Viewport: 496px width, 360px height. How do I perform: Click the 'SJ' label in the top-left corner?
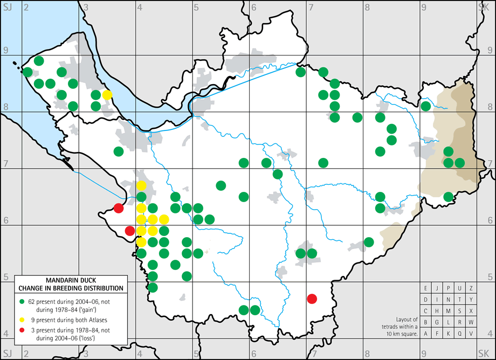(x=8, y=6)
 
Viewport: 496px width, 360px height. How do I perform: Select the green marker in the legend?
(x=22, y=299)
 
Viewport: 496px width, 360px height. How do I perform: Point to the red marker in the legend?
(x=22, y=330)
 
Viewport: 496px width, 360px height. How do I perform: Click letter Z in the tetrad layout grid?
(x=471, y=288)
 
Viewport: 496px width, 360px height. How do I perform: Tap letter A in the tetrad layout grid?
(x=425, y=334)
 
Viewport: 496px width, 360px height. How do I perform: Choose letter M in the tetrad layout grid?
(x=449, y=311)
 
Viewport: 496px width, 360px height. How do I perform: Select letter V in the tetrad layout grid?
(x=471, y=334)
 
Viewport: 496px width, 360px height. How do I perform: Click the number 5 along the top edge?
(x=197, y=6)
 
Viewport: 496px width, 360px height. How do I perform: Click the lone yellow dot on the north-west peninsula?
(x=107, y=95)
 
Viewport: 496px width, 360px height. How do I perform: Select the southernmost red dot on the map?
(x=311, y=299)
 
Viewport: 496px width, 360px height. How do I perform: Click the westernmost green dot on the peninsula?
(x=27, y=72)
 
